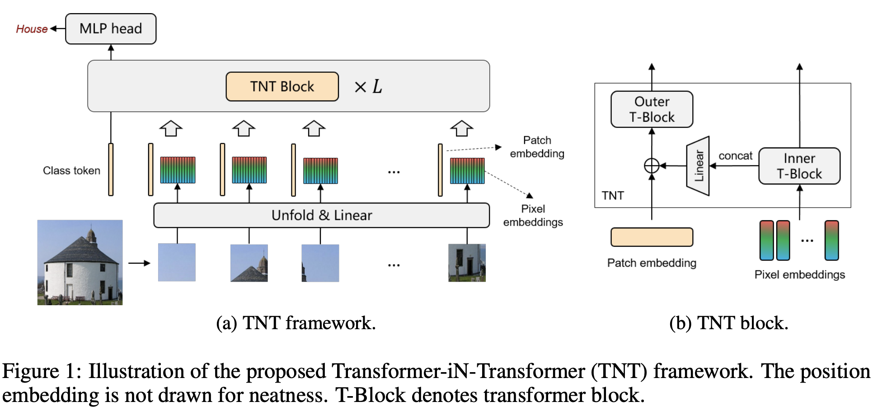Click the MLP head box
click(111, 29)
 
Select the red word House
click(31, 29)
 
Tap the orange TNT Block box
click(282, 86)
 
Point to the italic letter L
click(377, 86)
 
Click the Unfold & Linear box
click(321, 215)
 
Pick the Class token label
click(71, 170)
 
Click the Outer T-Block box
click(651, 109)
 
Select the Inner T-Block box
click(799, 166)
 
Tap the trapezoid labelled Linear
click(698, 166)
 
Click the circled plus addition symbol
click(651, 166)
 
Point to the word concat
click(735, 156)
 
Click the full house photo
click(80, 262)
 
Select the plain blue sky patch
click(177, 262)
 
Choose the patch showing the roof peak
click(249, 263)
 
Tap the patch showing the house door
click(467, 263)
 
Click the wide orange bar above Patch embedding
click(651, 237)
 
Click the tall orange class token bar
click(111, 170)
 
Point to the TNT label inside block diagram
click(612, 195)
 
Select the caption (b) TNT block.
click(728, 323)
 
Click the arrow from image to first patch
click(139, 263)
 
